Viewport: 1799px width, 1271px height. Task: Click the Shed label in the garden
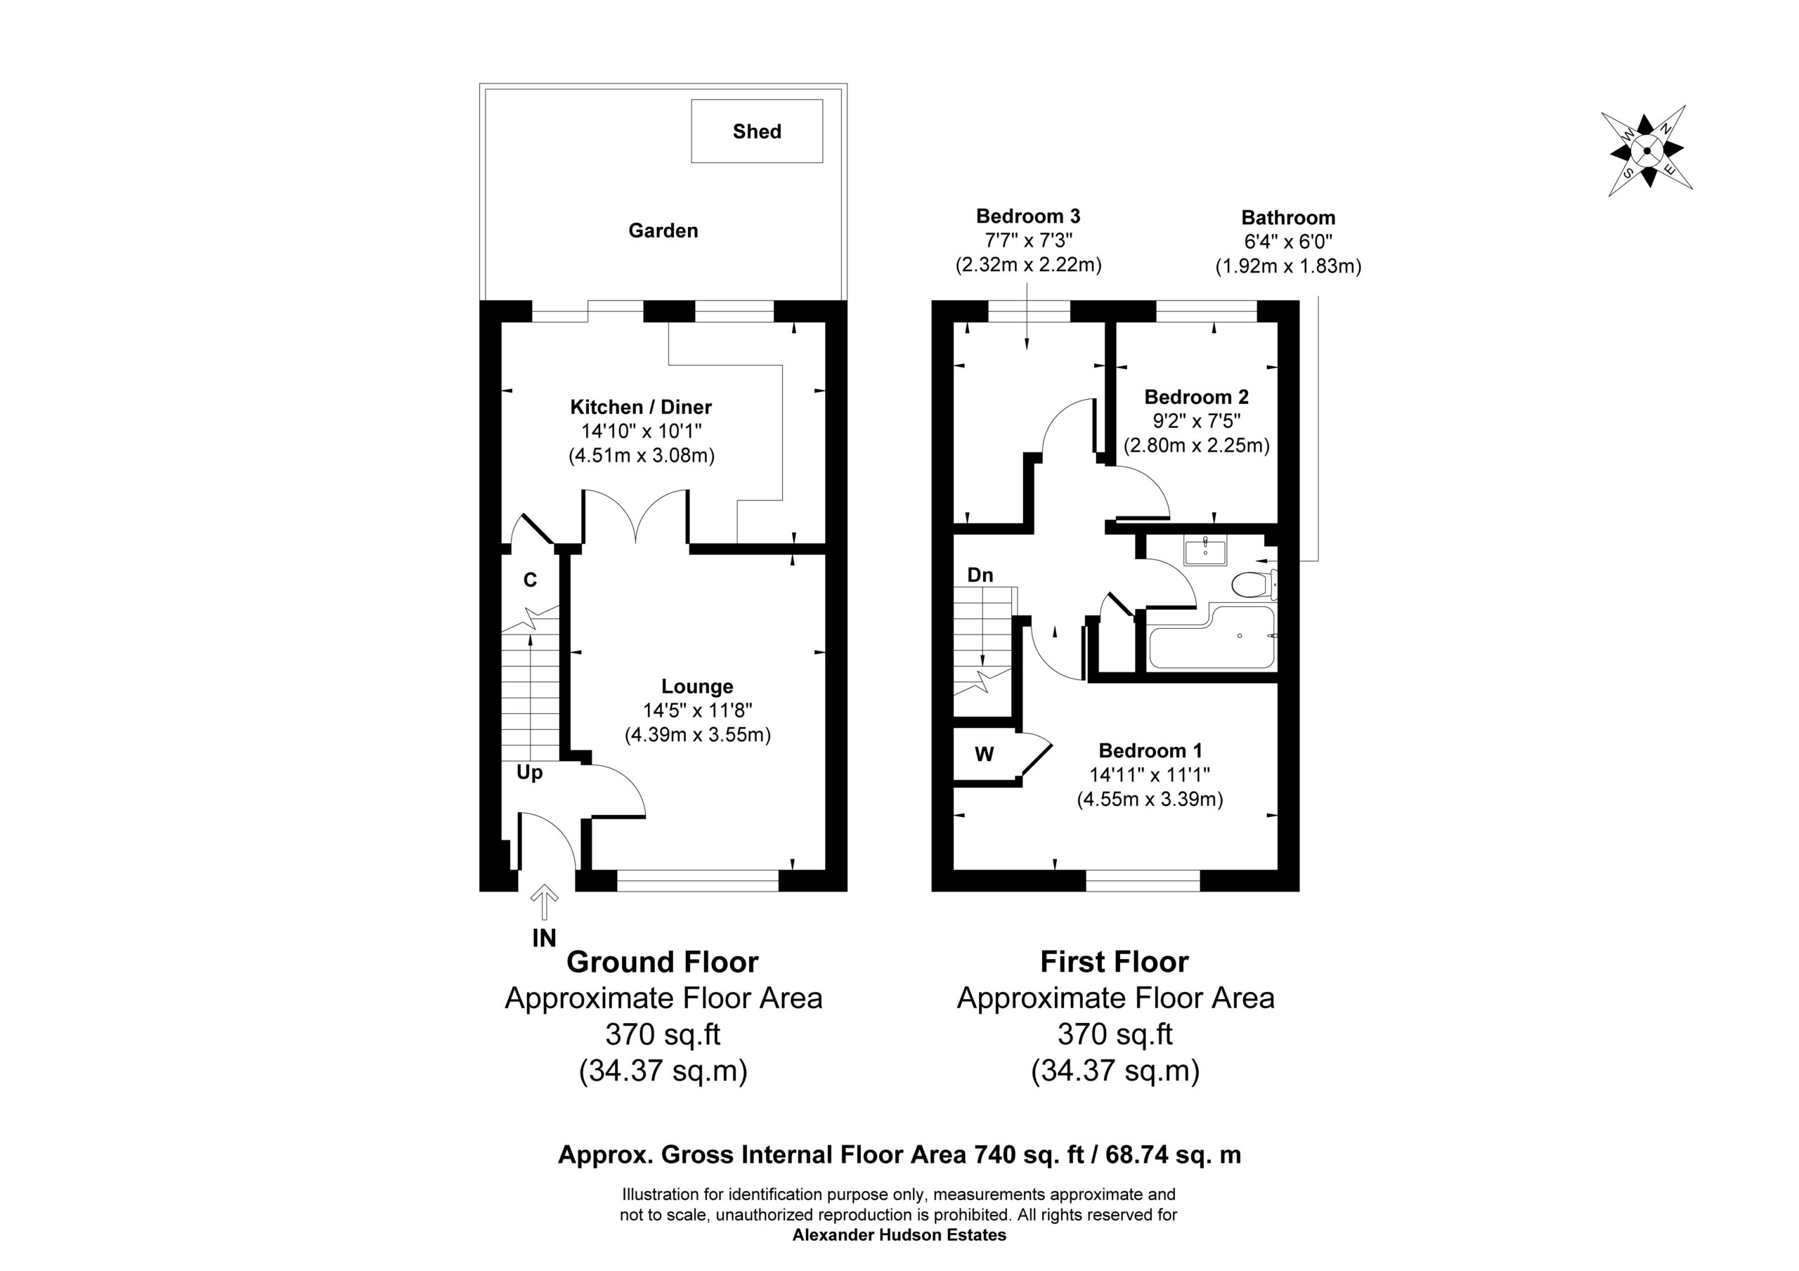pos(757,131)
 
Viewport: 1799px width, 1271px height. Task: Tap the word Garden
pos(663,230)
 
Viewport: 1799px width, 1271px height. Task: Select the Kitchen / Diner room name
pos(641,407)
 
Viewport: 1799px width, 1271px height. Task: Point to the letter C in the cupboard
pos(531,580)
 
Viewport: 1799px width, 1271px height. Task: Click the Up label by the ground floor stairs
pos(530,773)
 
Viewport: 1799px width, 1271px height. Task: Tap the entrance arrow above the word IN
pos(545,901)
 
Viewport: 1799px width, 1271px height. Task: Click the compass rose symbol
pos(1647,151)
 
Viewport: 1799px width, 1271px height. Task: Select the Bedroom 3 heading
pos(1028,216)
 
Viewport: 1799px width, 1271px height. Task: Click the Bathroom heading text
pos(1288,217)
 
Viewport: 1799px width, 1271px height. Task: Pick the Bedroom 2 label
pos(1197,396)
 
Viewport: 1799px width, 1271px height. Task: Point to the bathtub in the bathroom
pos(1212,637)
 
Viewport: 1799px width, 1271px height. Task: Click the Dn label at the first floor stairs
pos(980,575)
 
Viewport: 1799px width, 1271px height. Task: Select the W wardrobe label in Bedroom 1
pos(984,754)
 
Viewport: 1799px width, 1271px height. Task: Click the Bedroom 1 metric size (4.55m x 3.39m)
pos(1150,800)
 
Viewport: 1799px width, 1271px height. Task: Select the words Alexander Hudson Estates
pos(899,1235)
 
